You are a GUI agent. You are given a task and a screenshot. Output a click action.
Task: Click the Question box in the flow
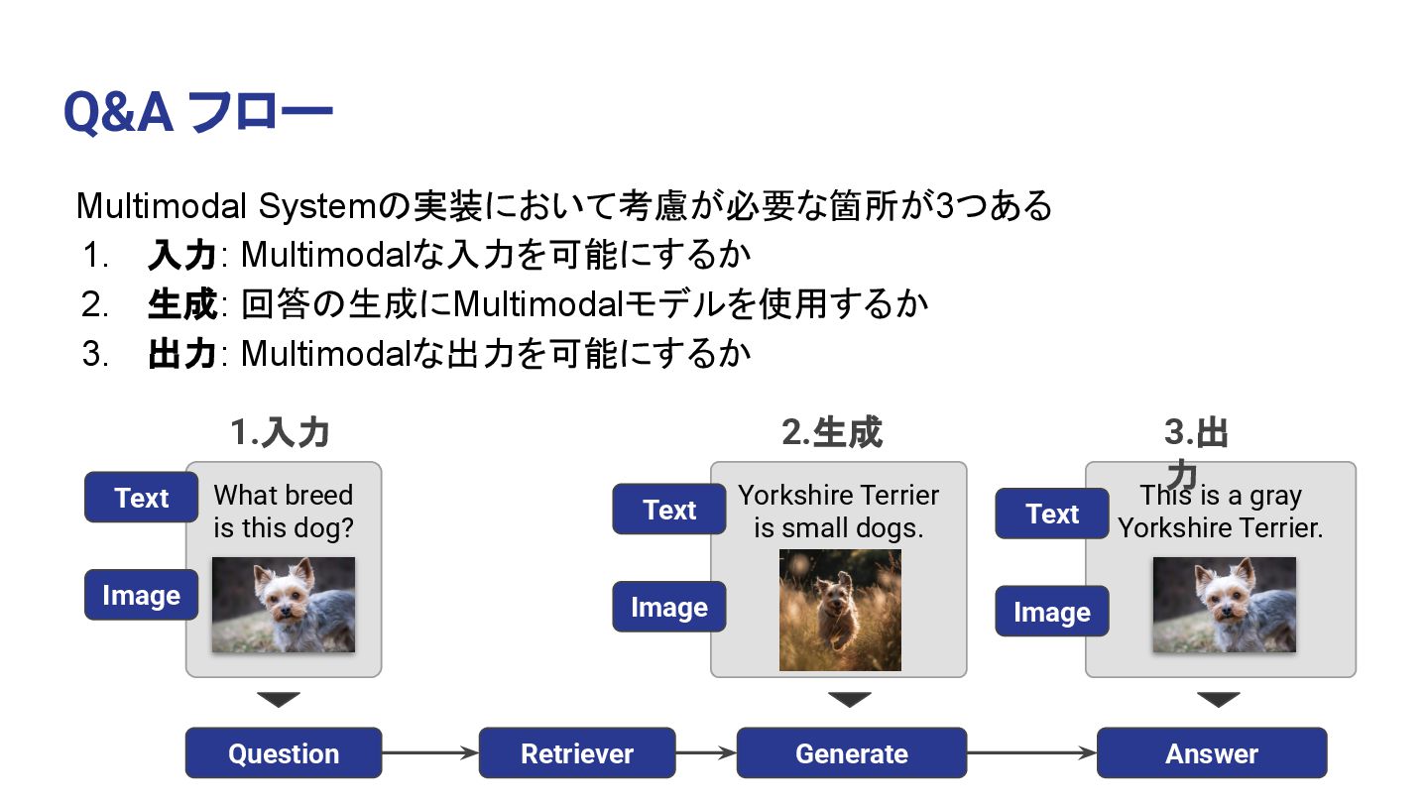tap(284, 753)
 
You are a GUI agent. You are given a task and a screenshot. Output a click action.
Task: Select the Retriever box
tap(577, 753)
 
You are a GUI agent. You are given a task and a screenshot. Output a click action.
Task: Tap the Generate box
tap(851, 753)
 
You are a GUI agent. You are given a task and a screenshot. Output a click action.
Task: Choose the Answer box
tap(1211, 753)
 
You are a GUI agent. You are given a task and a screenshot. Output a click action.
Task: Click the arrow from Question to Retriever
tap(430, 753)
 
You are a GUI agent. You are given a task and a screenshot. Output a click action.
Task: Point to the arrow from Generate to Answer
tap(1031, 753)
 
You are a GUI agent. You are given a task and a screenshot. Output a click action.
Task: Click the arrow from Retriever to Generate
tap(706, 753)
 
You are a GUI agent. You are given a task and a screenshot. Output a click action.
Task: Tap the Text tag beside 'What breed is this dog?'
tap(142, 498)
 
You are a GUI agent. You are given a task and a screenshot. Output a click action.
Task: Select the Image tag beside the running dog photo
tap(669, 607)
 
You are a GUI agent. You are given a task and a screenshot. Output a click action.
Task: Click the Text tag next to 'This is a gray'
tap(1052, 514)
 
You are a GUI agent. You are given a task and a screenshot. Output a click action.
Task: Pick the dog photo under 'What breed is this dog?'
tap(284, 605)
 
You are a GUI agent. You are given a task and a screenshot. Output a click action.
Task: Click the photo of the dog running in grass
tap(840, 610)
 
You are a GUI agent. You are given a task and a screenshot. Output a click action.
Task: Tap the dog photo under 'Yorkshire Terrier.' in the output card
tap(1224, 605)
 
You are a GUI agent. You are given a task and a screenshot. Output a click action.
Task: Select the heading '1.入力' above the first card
tap(280, 433)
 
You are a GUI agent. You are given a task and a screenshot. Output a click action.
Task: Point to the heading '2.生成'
tap(831, 433)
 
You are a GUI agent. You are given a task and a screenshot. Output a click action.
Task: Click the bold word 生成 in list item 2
tap(182, 304)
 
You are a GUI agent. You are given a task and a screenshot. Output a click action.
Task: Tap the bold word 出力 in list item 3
tap(182, 353)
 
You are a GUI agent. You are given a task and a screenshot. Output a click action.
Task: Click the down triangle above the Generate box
tap(850, 700)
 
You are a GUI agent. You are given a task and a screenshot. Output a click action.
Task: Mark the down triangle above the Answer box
tap(1219, 700)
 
